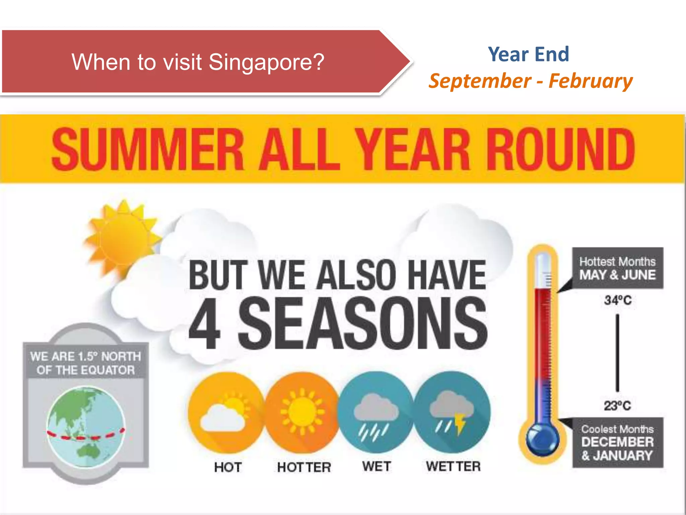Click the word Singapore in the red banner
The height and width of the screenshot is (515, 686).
coord(267,62)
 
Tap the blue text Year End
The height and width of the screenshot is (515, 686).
coord(528,54)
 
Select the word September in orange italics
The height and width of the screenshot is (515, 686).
coord(480,81)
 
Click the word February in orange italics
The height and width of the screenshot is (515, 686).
coord(591,81)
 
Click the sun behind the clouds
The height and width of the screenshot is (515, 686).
coord(122,236)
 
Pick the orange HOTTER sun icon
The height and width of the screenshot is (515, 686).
coord(302,412)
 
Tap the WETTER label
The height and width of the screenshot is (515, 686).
coord(453,466)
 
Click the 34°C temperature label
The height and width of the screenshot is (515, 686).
coord(618,300)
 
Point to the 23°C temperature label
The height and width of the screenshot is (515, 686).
coord(617,406)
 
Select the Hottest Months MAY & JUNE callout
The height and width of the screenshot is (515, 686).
coord(617,268)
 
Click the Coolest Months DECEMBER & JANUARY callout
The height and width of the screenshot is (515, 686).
coord(617,443)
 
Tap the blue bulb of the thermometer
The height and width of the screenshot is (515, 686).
coord(542,440)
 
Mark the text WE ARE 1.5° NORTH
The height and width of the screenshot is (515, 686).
coord(85,356)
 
